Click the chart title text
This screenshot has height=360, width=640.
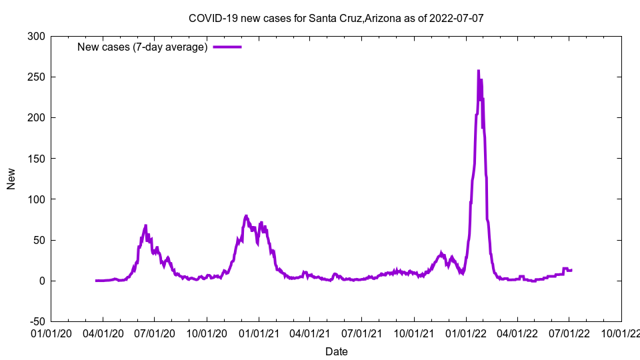[336, 18]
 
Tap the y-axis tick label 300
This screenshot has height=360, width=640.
[37, 36]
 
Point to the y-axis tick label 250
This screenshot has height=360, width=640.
[37, 77]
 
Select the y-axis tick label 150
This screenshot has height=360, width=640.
[37, 159]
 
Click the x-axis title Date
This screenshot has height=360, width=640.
[336, 351]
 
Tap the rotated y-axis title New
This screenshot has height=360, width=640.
[11, 179]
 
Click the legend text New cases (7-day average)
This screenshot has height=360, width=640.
[143, 47]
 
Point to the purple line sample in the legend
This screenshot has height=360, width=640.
[227, 47]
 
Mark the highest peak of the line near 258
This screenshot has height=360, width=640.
[478, 71]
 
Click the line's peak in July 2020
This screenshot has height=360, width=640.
[145, 226]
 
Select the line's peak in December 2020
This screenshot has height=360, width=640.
[246, 216]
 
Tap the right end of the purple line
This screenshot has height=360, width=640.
[571, 270]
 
